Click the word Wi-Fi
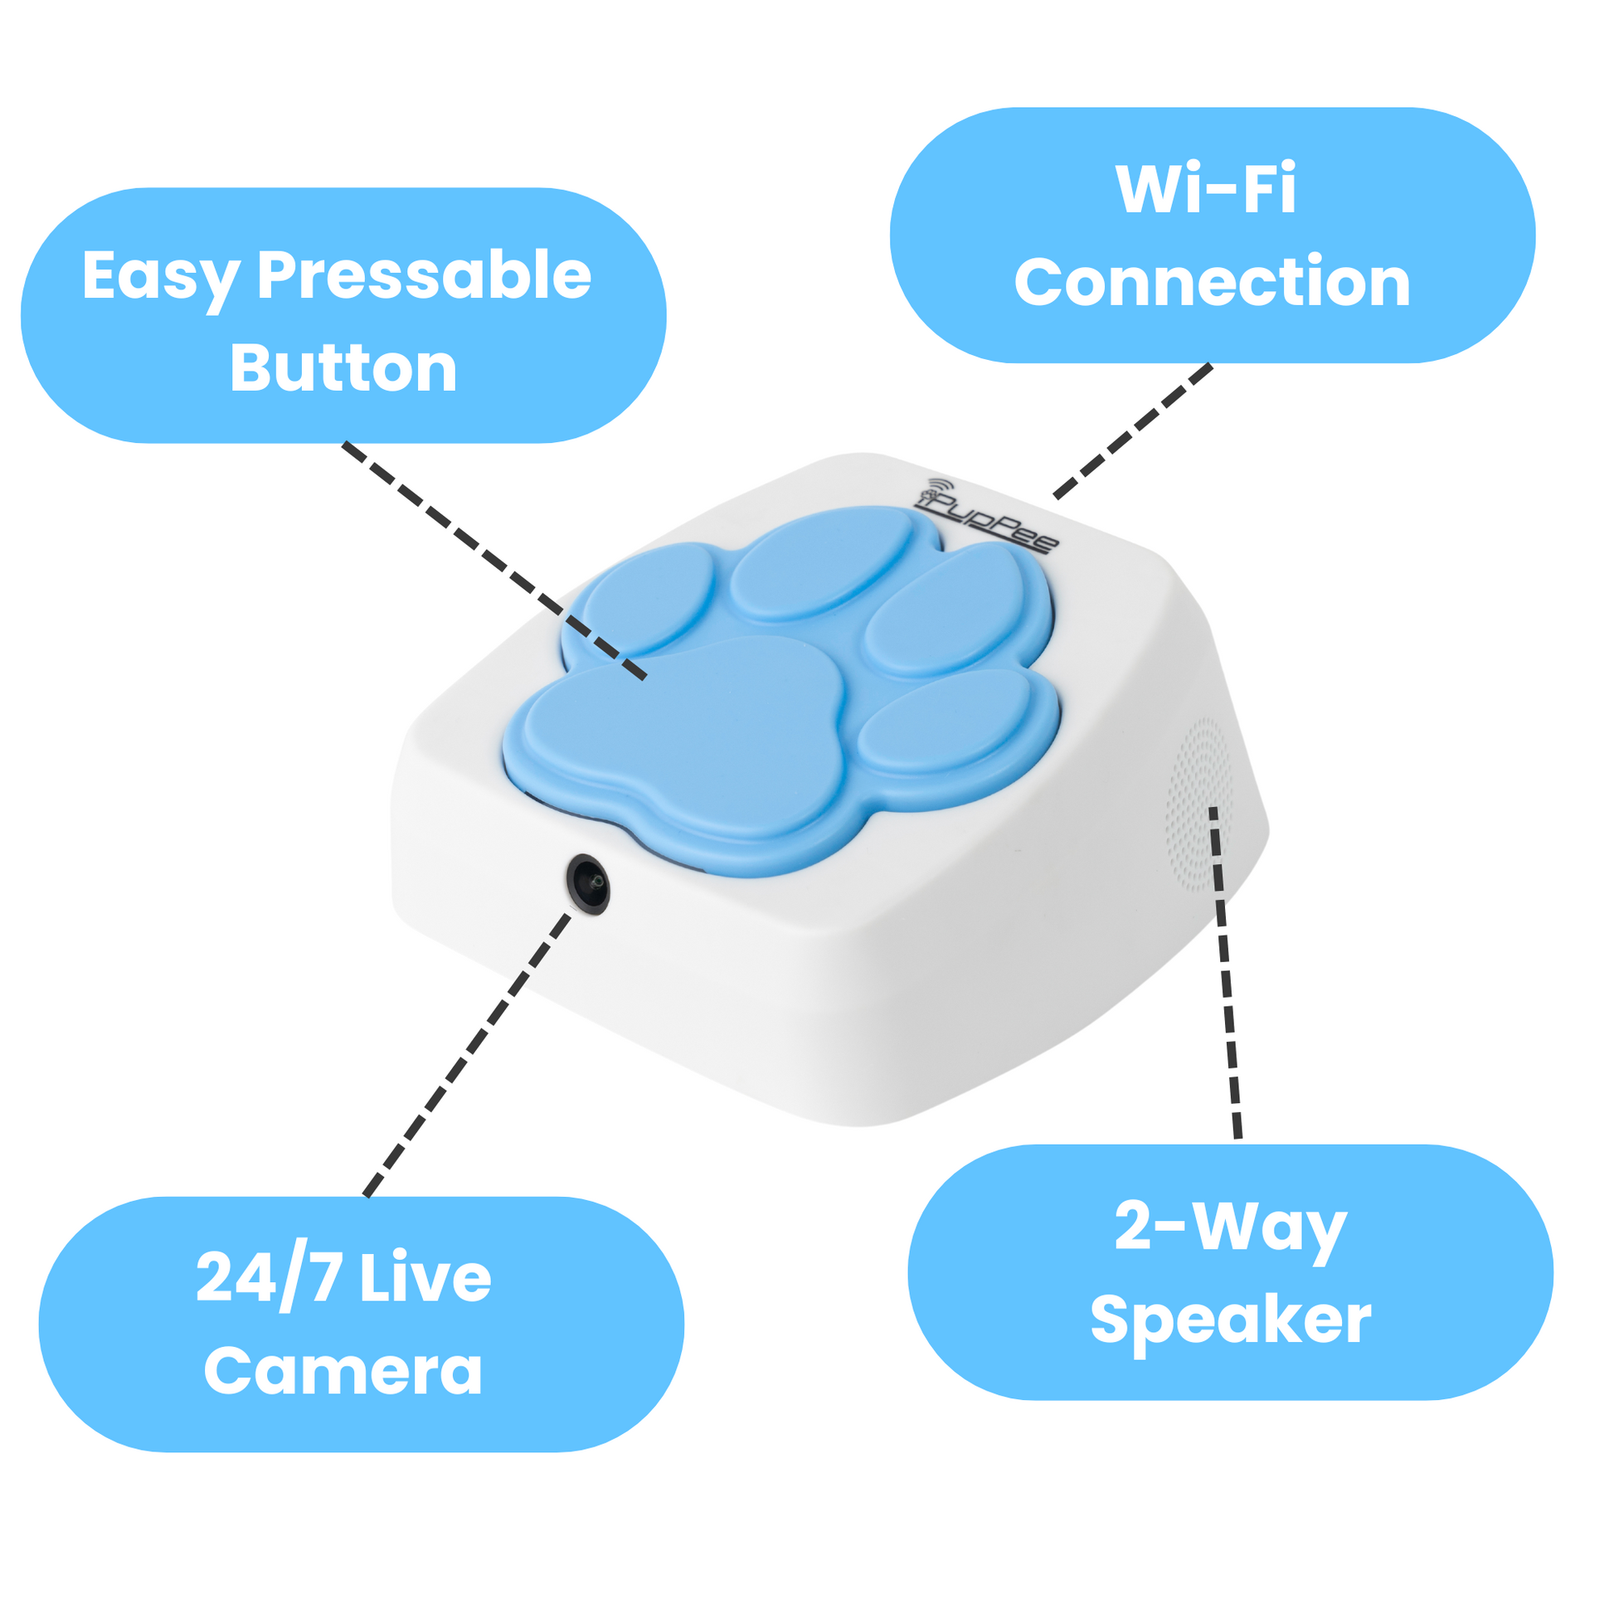coord(1205,189)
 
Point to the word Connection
coord(1213,282)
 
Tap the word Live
coord(426,1277)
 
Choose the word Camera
coord(343,1371)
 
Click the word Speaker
coord(1231,1322)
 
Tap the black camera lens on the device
coord(588,884)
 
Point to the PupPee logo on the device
coord(986,513)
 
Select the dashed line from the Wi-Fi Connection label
coord(1133,431)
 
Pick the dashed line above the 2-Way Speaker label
coord(1224,972)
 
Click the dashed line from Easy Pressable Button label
coord(494,561)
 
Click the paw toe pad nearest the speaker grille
coord(945,719)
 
